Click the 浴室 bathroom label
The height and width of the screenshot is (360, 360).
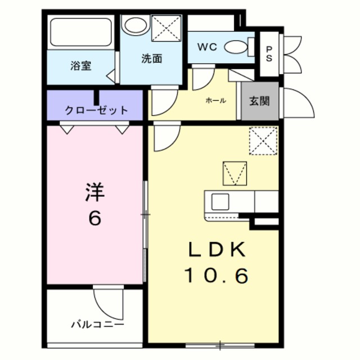(x=81, y=66)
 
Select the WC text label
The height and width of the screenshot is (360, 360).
(x=206, y=47)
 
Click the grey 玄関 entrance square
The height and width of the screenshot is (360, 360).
(x=260, y=101)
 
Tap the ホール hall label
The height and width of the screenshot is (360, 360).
(x=215, y=101)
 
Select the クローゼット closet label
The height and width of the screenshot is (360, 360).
(x=96, y=110)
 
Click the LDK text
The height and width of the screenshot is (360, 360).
(x=216, y=250)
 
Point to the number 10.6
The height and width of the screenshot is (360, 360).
(x=216, y=276)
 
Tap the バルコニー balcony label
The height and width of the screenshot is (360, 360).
(x=97, y=325)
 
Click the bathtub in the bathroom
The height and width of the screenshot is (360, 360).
(x=80, y=33)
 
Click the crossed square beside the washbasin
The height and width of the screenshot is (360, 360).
(x=166, y=27)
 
